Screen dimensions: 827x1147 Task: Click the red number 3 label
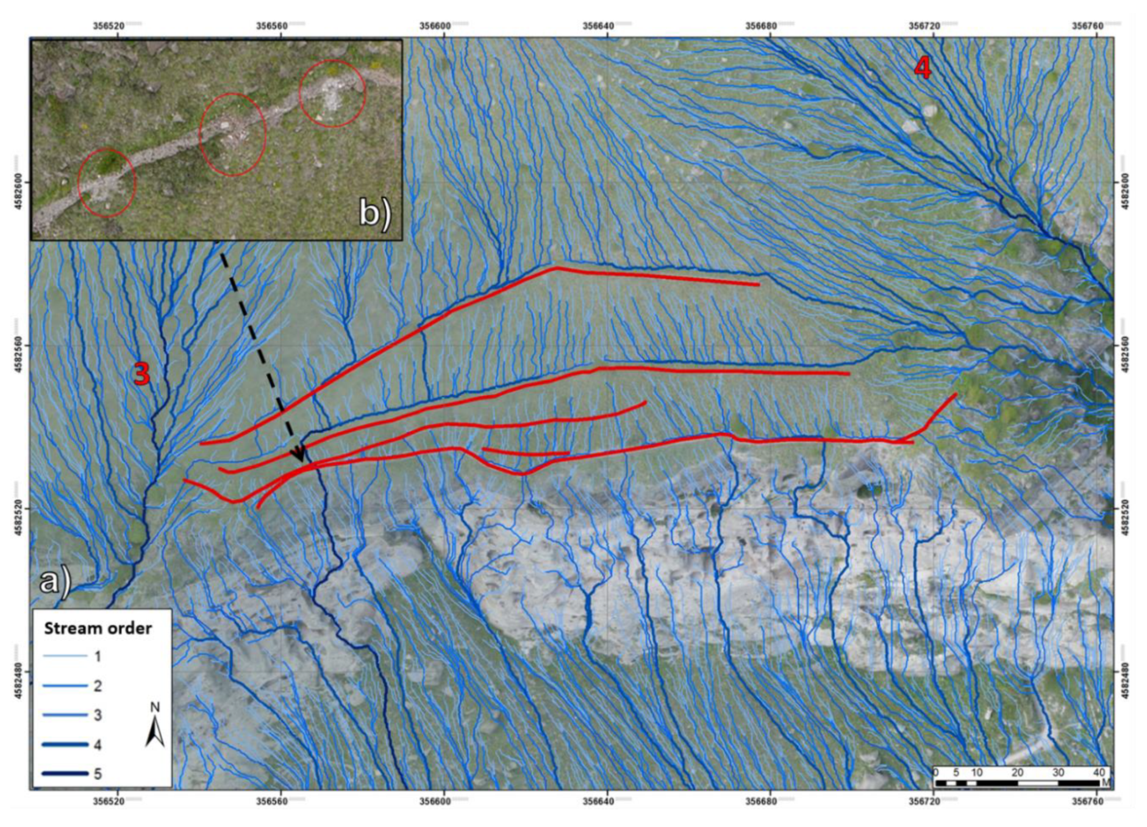pyautogui.click(x=141, y=373)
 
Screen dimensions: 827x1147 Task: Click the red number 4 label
pyautogui.click(x=922, y=68)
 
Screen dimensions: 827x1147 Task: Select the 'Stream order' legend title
pyautogui.click(x=98, y=628)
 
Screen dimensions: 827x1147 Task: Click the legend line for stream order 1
pyautogui.click(x=65, y=656)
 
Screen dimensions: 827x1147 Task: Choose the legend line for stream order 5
pyautogui.click(x=65, y=774)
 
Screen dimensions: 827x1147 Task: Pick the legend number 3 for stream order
pyautogui.click(x=98, y=715)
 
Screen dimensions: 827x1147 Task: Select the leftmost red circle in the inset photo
pyautogui.click(x=107, y=182)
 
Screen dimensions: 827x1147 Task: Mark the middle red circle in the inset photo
pyautogui.click(x=233, y=134)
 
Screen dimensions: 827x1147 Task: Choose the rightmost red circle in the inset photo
pyautogui.click(x=332, y=93)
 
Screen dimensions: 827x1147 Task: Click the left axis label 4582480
pyautogui.click(x=16, y=671)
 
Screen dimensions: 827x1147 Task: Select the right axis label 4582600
pyautogui.click(x=1126, y=183)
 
